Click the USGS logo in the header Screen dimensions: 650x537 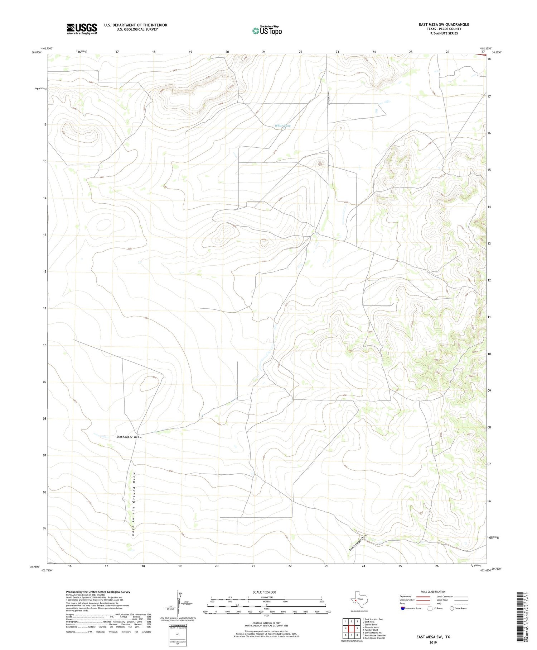point(81,29)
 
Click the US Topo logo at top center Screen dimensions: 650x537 point(267,31)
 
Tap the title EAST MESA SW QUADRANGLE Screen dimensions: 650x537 point(444,24)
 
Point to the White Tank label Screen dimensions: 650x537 point(283,126)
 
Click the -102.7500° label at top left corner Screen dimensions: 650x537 point(47,48)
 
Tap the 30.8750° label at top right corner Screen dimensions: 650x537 point(496,52)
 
